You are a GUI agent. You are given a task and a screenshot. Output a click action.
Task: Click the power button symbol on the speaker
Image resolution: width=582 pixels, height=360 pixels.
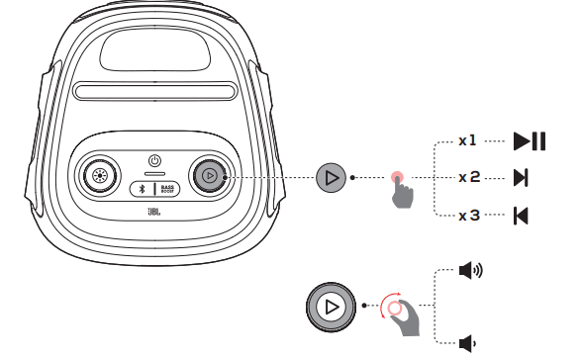click(x=154, y=161)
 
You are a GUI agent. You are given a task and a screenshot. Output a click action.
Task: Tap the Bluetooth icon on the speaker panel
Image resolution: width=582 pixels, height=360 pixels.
click(x=142, y=189)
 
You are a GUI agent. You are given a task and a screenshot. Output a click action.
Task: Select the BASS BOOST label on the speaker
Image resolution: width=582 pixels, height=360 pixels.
click(x=167, y=189)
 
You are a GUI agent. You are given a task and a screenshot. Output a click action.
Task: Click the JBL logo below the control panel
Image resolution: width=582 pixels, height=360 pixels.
click(x=154, y=212)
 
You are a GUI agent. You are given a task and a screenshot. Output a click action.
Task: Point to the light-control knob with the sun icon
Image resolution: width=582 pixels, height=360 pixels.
click(x=99, y=176)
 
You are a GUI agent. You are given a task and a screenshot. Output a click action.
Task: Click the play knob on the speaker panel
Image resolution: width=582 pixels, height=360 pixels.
click(x=210, y=176)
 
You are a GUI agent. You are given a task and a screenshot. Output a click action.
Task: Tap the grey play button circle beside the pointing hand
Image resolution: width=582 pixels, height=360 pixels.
click(x=331, y=178)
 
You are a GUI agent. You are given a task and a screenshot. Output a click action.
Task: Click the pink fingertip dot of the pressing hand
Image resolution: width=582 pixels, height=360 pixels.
click(x=397, y=177)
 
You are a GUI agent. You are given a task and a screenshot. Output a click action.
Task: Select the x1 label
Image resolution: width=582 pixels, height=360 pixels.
click(x=467, y=140)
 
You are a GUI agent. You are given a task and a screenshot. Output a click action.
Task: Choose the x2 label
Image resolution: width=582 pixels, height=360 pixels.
click(x=469, y=177)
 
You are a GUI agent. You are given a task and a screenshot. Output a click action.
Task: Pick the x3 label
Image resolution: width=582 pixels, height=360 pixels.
click(x=469, y=215)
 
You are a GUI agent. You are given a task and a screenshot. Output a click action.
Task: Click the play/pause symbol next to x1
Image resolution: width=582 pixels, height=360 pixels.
click(x=530, y=140)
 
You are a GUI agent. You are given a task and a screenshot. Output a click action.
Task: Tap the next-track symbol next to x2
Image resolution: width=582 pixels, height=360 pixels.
click(x=521, y=178)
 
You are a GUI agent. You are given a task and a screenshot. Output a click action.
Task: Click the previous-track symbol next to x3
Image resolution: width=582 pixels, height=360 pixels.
click(x=521, y=216)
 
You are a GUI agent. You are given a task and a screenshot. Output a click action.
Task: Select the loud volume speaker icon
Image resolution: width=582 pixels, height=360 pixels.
click(x=471, y=270)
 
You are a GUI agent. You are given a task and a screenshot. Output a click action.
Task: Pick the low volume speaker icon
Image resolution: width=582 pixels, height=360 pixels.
click(x=467, y=343)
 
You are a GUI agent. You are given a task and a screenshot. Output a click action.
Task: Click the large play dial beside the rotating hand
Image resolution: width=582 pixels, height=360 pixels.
click(x=331, y=307)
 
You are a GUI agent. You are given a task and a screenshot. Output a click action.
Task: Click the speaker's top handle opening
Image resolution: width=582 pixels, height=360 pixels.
click(x=155, y=50)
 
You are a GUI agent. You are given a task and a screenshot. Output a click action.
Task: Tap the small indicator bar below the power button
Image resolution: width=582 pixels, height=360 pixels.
click(x=154, y=173)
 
